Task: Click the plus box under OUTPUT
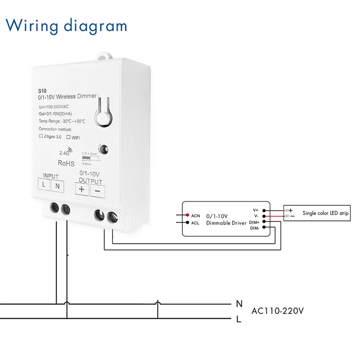pos(81,189)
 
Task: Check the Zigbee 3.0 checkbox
pos(41,135)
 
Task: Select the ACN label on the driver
pos(195,216)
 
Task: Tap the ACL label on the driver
pos(195,222)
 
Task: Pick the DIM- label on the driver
pos(254,228)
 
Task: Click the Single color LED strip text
pos(325,213)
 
